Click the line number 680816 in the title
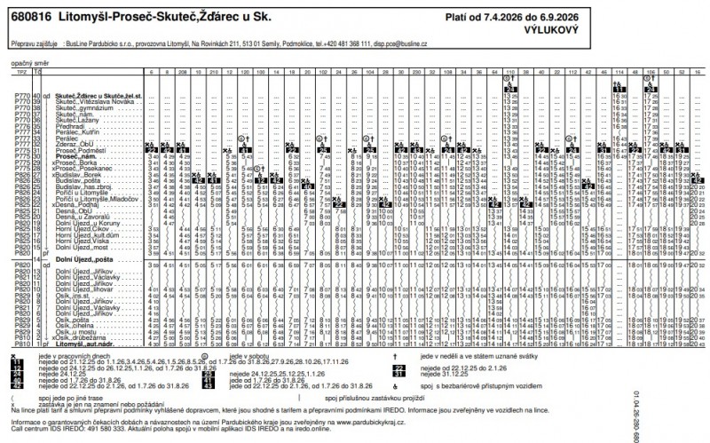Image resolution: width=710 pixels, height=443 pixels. pos(28,17)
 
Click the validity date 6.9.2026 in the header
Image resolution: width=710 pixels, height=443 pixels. pos(677,16)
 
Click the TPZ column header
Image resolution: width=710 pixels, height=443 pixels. pos(19,71)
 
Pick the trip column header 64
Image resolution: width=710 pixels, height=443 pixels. pos(491,71)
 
